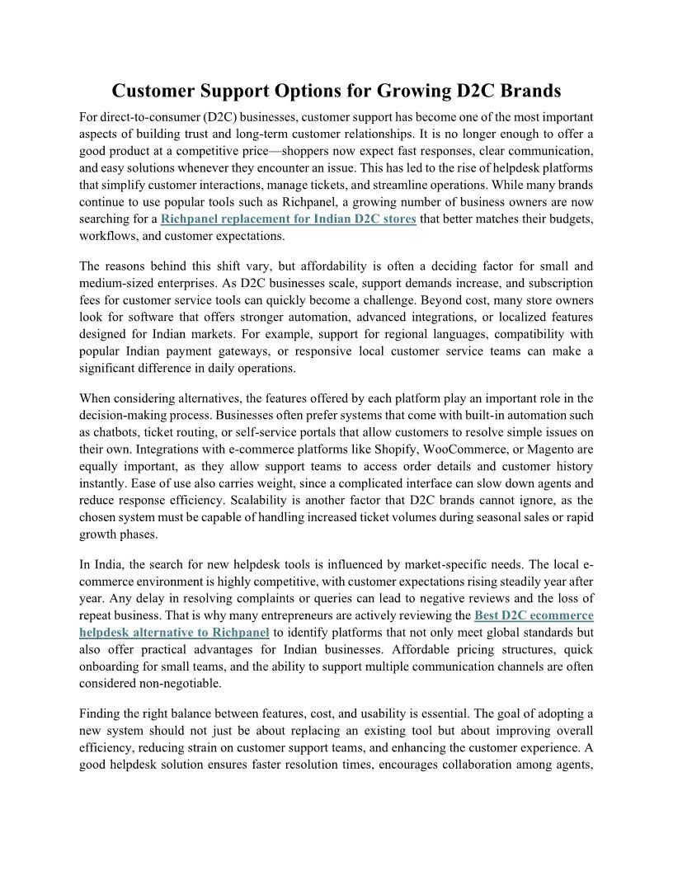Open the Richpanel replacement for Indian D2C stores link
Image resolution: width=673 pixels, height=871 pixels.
click(288, 219)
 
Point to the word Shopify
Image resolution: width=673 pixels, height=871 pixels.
click(398, 450)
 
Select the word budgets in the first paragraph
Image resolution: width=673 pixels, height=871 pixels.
click(569, 219)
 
